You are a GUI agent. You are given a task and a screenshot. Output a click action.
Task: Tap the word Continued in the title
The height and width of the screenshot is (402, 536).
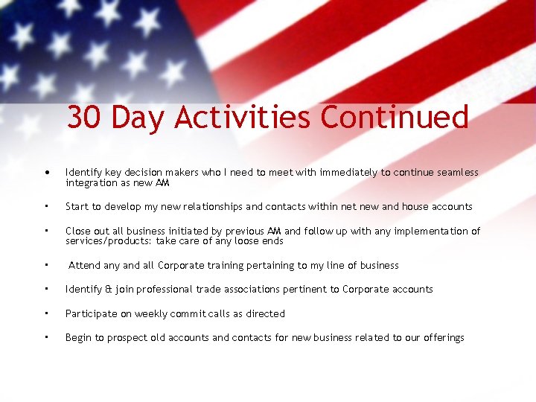395,118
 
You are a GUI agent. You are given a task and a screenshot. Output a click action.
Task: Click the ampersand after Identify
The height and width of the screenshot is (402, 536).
108,289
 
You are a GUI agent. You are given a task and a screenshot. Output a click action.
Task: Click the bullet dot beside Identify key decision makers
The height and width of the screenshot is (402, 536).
47,173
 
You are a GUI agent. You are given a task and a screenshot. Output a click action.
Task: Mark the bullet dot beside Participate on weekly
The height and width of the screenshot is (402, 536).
46,313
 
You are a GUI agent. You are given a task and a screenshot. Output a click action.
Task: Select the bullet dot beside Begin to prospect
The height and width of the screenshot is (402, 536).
46,336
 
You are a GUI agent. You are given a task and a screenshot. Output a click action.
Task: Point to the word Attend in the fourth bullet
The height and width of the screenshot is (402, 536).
83,265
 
